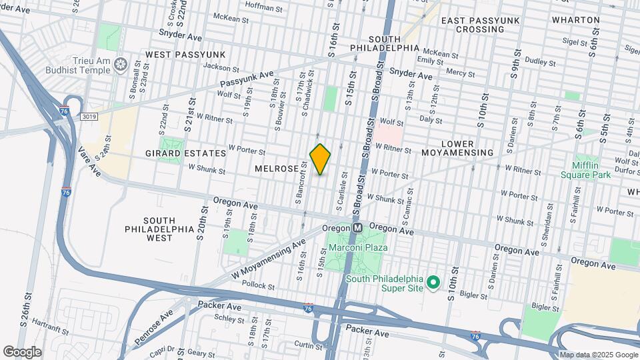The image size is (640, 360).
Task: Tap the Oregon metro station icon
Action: click(357, 227)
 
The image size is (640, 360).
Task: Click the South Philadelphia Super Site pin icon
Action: click(432, 283)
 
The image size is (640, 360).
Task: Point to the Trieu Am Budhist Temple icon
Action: click(121, 64)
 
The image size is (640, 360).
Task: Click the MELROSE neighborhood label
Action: click(277, 169)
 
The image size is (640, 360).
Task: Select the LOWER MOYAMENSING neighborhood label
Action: click(457, 148)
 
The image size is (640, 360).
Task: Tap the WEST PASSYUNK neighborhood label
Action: click(185, 54)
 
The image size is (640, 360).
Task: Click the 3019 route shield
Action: click(90, 117)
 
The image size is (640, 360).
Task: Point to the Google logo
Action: click(22, 351)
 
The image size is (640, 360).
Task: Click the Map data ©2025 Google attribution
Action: click(599, 354)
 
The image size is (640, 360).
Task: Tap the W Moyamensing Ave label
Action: click(268, 259)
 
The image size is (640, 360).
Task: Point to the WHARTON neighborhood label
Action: click(576, 20)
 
